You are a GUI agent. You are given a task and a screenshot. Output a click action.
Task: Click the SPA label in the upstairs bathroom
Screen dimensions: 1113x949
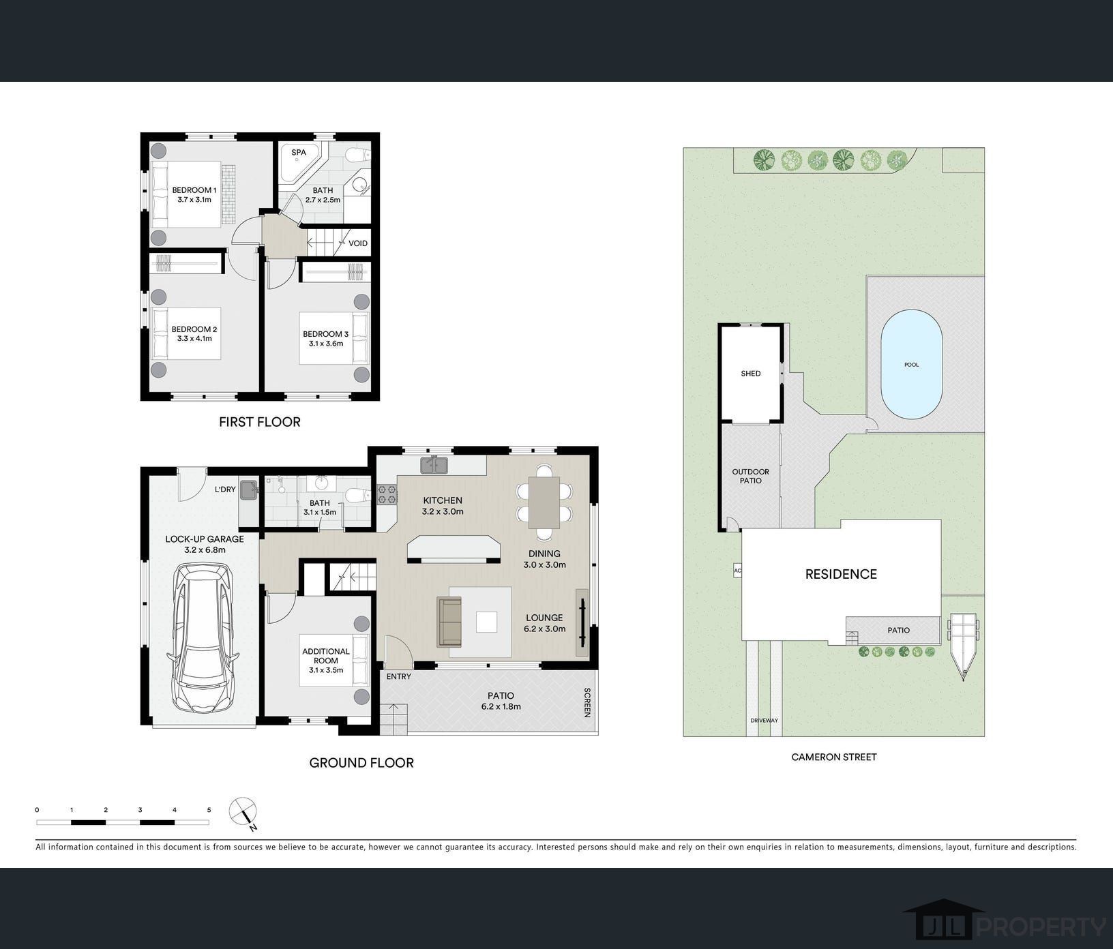(299, 153)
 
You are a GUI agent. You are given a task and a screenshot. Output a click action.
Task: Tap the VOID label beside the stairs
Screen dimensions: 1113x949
(358, 243)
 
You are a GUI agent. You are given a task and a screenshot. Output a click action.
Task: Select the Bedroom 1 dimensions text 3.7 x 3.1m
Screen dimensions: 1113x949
(194, 200)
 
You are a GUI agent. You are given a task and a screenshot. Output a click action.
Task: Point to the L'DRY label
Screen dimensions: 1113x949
(225, 489)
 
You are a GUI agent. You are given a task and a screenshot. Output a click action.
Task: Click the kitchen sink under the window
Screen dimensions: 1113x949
(434, 465)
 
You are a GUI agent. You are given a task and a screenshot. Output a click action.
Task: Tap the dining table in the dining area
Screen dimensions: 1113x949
(544, 502)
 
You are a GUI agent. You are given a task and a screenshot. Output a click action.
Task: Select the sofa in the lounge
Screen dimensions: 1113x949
(449, 621)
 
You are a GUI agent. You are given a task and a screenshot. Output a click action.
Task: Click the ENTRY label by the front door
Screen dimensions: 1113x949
(399, 676)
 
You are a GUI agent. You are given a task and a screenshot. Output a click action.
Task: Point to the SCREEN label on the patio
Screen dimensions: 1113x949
(587, 702)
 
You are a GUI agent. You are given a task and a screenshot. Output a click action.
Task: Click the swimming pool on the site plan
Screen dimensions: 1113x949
(912, 365)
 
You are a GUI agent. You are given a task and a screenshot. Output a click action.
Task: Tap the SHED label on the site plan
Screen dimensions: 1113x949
(751, 374)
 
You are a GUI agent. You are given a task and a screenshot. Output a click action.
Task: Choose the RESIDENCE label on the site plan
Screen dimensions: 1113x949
(841, 574)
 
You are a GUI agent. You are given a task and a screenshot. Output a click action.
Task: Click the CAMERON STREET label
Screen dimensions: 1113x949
(834, 757)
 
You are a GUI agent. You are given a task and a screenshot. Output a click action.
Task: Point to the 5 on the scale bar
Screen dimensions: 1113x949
(209, 810)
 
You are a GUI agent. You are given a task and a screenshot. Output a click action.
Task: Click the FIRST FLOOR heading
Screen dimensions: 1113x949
(260, 422)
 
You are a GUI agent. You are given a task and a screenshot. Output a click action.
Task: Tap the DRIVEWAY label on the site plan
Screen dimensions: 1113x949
(764, 721)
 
